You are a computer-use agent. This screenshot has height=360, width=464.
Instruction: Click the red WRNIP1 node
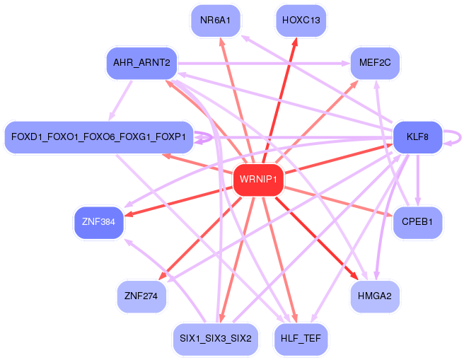(258, 180)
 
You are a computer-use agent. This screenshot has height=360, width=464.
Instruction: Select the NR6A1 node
(216, 21)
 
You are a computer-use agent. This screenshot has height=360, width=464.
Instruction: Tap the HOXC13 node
(301, 21)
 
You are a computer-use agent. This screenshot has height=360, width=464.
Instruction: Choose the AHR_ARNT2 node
(141, 63)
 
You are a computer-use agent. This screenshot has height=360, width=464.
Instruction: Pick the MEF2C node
(375, 63)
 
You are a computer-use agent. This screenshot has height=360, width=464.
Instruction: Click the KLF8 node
(417, 137)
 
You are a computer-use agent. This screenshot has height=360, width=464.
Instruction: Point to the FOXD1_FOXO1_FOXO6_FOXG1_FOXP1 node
(99, 137)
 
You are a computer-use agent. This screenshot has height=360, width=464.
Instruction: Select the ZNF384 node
(99, 222)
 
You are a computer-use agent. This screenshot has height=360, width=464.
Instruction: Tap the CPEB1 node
(417, 222)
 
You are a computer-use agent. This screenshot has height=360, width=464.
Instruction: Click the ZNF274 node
(141, 296)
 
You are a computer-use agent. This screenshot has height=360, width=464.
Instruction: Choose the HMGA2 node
(375, 296)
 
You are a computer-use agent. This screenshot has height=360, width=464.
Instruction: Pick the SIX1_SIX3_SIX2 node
(216, 339)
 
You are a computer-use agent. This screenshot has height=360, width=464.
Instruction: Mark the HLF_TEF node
(301, 339)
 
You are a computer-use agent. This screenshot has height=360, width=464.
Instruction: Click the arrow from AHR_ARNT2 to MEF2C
(264, 64)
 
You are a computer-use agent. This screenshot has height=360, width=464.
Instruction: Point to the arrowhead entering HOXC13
(295, 42)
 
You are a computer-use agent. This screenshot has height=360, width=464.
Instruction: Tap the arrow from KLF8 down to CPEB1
(417, 180)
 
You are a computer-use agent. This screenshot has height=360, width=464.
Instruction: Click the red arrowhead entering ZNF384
(129, 214)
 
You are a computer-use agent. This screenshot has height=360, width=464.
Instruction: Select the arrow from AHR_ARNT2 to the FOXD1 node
(121, 100)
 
